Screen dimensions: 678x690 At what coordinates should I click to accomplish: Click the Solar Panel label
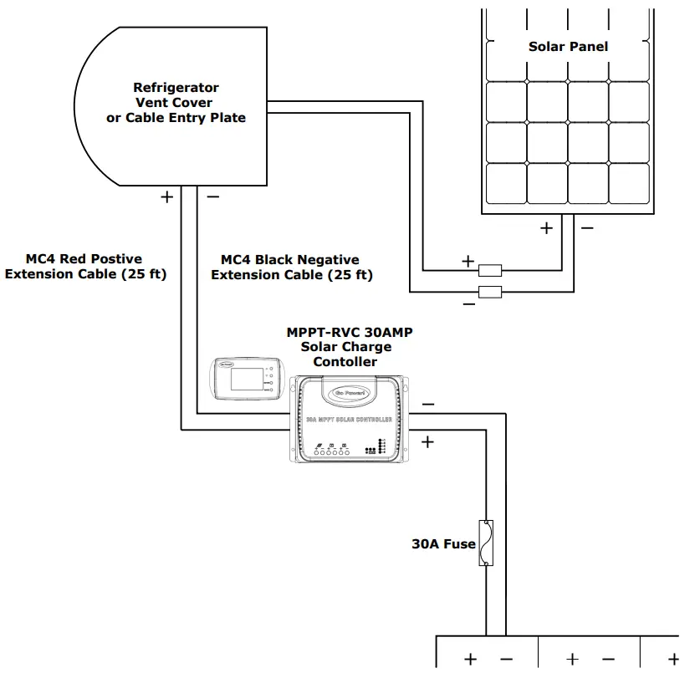[568, 47]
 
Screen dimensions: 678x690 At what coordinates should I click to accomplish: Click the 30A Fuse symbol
[485, 543]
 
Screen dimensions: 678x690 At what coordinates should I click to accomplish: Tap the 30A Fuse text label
[443, 544]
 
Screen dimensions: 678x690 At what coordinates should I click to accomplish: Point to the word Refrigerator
[176, 88]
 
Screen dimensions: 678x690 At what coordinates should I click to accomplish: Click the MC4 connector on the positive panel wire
[489, 270]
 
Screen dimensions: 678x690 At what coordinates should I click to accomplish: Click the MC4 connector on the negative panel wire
[489, 292]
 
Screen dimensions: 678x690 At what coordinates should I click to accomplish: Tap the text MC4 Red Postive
[84, 259]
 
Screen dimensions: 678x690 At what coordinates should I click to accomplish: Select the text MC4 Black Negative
[289, 260]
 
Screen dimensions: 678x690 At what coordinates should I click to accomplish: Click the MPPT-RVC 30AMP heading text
[350, 332]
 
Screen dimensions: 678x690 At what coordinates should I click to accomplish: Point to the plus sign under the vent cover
[166, 196]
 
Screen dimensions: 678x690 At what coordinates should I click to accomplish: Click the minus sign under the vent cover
[212, 196]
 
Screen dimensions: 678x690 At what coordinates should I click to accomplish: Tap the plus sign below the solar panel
[546, 227]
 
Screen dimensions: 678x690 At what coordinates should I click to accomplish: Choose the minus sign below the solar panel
[587, 227]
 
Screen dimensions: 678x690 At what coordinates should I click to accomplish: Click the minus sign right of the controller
[428, 405]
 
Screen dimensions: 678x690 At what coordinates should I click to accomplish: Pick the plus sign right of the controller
[428, 441]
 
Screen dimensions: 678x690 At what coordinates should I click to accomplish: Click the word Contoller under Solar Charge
[345, 362]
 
